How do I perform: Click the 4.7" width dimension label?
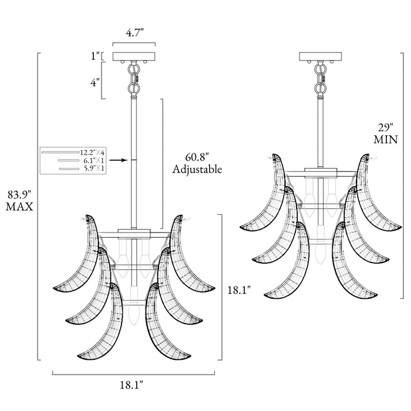coord(134,33)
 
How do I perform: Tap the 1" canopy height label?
coord(95,56)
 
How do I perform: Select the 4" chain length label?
coord(95,83)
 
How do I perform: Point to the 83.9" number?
coord(19,195)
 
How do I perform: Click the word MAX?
coord(19,207)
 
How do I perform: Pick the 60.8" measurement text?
coord(197,157)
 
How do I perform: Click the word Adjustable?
coord(197,169)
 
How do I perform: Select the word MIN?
coord(386,140)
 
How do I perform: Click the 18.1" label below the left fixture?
coord(132,385)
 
